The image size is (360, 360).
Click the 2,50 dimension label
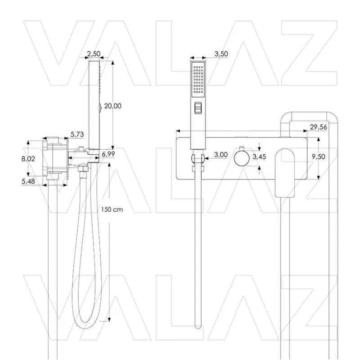tap(93, 54)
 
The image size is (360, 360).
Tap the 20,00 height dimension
tap(112, 106)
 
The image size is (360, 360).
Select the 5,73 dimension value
tap(77, 135)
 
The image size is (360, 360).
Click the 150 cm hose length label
tap(112, 209)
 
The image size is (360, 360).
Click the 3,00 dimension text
tap(220, 154)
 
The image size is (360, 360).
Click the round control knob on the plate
tap(242, 157)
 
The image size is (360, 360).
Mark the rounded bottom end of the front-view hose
tap(197, 325)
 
